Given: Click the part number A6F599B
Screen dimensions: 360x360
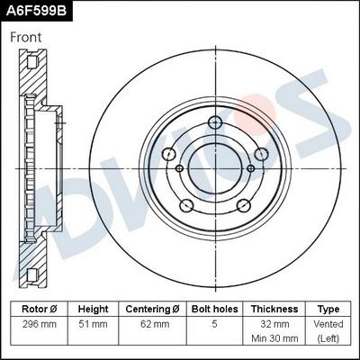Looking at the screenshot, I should tap(37, 11).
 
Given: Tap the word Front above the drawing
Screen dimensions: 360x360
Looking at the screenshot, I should tap(26, 38).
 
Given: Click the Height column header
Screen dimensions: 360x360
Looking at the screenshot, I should tap(93, 308).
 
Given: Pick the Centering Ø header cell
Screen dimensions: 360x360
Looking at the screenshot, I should tap(153, 308).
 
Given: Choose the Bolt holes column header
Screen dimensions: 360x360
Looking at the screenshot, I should tap(214, 308).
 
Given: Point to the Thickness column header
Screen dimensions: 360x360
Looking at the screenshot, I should tap(274, 308).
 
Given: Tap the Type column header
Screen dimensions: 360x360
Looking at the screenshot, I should tap(328, 308).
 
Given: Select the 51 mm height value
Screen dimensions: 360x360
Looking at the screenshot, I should tap(93, 324).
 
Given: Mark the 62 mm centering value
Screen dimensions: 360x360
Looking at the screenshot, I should tap(153, 324).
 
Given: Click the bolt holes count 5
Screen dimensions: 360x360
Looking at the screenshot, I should tap(214, 324).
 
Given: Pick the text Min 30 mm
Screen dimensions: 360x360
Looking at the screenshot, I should tap(274, 339).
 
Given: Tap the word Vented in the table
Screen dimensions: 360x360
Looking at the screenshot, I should tap(328, 324).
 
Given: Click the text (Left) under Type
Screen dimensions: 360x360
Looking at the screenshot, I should tap(328, 339).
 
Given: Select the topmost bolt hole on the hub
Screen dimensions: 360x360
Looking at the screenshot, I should tap(215, 123).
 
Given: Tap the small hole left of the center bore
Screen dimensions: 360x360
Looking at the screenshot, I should tap(179, 168).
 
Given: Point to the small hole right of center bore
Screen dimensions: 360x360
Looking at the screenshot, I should tap(250, 167).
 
